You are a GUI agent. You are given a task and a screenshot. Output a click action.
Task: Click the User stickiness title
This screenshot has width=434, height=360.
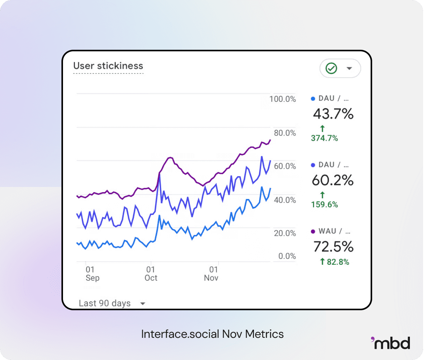pos(108,66)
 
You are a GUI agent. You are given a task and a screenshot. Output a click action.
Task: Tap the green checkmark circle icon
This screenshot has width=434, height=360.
pos(331,68)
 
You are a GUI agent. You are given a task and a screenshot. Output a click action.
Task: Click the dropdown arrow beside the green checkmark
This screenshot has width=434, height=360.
pos(349,68)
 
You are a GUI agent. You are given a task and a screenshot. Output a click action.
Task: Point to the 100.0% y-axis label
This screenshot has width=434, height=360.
pos(283,99)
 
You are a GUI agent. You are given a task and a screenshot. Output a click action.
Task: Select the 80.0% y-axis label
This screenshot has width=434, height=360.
pos(285,133)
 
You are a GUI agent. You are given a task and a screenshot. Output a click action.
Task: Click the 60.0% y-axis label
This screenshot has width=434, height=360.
pos(285,166)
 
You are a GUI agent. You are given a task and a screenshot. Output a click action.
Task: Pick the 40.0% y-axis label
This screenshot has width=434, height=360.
pos(285,200)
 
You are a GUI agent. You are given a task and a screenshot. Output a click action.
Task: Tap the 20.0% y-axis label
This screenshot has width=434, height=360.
pos(285,233)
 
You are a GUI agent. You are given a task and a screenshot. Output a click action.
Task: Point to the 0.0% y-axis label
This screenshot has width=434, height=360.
pos(287,256)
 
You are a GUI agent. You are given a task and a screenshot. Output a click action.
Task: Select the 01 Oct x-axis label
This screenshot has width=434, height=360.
pos(151,273)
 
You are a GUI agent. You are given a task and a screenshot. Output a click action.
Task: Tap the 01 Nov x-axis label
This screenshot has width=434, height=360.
pos(211,273)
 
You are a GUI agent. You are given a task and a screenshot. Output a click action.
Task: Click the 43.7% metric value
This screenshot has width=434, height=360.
pos(333,114)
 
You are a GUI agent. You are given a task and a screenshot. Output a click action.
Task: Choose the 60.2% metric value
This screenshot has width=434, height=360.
pos(333,180)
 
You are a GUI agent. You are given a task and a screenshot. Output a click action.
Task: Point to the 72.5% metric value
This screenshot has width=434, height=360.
pos(333,246)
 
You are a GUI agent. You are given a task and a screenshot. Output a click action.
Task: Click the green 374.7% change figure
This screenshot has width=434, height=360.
pos(324,138)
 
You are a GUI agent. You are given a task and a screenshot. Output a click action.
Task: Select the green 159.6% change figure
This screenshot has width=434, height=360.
pos(324,204)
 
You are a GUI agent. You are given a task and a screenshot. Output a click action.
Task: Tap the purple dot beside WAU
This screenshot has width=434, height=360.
pos(313,231)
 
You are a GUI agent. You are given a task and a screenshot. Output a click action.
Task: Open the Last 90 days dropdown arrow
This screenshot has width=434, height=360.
pos(143,304)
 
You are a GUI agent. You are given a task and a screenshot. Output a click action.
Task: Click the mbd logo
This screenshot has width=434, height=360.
pos(390,343)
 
